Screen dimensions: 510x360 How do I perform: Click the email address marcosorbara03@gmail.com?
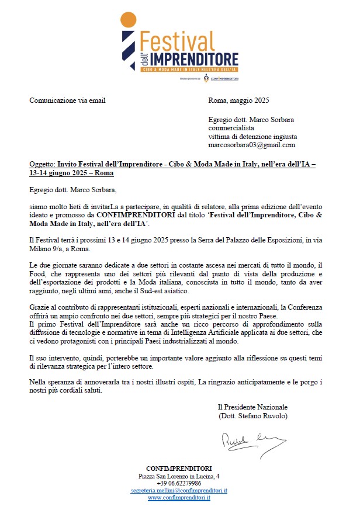click(251, 144)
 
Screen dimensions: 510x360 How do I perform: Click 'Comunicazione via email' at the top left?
click(67, 100)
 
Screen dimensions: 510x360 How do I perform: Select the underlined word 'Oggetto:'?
click(41, 165)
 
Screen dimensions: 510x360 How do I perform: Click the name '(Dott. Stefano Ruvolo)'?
click(252, 415)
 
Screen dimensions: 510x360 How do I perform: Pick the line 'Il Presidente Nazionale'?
click(252, 407)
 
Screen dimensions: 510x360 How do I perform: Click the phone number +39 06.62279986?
click(179, 484)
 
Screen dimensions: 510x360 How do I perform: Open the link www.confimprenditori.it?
click(179, 498)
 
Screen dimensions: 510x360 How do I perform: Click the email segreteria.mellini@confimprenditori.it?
click(179, 491)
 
